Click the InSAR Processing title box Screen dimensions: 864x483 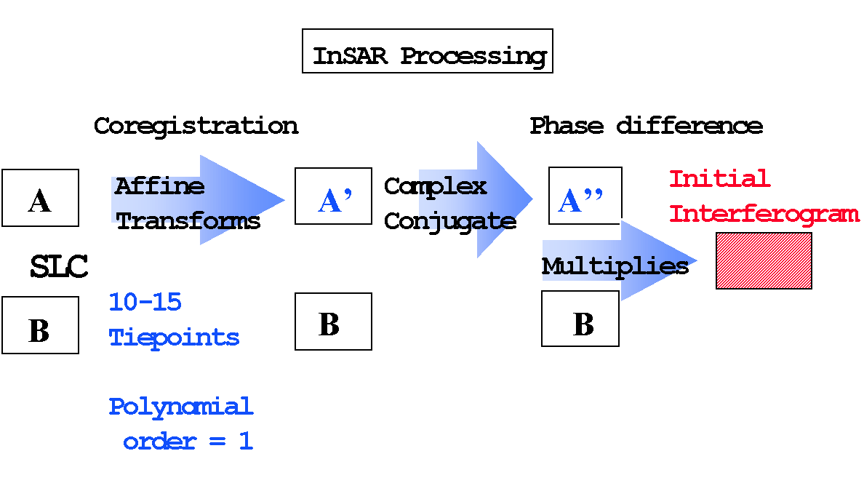(427, 51)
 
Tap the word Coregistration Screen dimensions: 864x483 (196, 127)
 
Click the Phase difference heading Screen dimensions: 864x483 (647, 126)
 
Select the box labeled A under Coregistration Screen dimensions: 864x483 (40, 198)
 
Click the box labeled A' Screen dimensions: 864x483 (333, 196)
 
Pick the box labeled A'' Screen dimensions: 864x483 (585, 196)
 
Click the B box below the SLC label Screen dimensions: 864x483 (40, 324)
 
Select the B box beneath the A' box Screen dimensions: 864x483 (333, 322)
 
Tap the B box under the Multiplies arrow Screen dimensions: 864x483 (580, 319)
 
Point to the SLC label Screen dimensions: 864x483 (59, 267)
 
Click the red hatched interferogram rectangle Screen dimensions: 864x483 (764, 261)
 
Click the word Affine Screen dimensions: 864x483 (160, 186)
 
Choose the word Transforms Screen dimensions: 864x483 (188, 221)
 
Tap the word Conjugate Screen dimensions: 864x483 (450, 222)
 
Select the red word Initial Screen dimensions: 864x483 (719, 179)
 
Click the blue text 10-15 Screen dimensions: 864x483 (145, 302)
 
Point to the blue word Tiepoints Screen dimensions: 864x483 (174, 338)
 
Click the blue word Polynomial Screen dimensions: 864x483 (181, 407)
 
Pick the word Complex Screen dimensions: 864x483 (436, 187)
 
